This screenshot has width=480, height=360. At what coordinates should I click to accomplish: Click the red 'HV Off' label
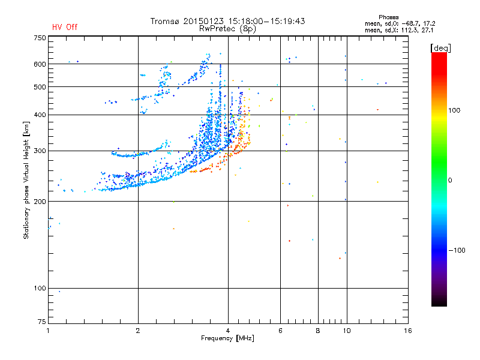[64, 27]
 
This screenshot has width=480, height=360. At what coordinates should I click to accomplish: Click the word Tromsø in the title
[164, 21]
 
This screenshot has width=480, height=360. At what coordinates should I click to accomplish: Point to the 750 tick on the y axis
[40, 38]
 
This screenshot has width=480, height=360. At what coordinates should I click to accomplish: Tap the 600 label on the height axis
[40, 64]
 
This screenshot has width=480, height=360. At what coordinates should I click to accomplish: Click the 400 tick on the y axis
[40, 115]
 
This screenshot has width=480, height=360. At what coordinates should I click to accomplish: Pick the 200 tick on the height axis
[40, 202]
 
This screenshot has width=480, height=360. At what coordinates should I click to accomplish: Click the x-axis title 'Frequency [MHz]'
[227, 339]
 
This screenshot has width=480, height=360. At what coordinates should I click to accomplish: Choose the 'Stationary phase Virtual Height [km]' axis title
[26, 180]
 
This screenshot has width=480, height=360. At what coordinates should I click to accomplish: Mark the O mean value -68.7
[413, 23]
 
